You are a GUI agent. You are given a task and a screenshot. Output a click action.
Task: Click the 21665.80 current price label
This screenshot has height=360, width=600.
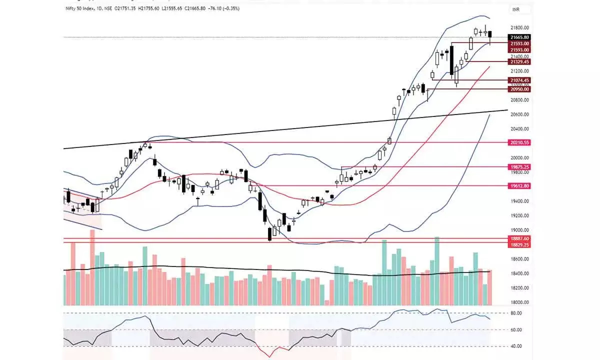[519, 37]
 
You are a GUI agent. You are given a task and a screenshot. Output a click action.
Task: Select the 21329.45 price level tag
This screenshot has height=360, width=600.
[519, 61]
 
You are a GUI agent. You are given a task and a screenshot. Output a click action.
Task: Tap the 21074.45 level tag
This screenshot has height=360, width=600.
[519, 80]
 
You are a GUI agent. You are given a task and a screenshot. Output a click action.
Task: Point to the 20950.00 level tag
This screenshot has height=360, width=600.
[519, 89]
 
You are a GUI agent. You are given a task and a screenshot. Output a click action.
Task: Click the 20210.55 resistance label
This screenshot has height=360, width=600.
[519, 142]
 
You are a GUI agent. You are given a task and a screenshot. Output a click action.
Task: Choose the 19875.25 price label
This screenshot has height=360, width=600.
[519, 166]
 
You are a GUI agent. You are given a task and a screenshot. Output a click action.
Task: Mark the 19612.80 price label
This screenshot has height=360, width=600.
[519, 185]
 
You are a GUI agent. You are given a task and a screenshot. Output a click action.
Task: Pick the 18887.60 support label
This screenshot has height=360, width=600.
[519, 238]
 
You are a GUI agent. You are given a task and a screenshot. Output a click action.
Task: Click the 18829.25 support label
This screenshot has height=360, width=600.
[519, 245]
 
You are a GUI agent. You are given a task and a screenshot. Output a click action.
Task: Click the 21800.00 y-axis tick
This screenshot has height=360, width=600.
[519, 27]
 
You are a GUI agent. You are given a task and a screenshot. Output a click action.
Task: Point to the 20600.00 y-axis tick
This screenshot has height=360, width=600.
[519, 114]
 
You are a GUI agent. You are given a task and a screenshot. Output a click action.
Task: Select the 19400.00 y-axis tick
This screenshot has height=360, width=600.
[519, 201]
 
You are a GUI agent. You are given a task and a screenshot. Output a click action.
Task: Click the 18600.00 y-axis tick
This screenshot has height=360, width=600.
[519, 259]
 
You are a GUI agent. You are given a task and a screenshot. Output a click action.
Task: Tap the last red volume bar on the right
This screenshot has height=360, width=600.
[489, 287]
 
